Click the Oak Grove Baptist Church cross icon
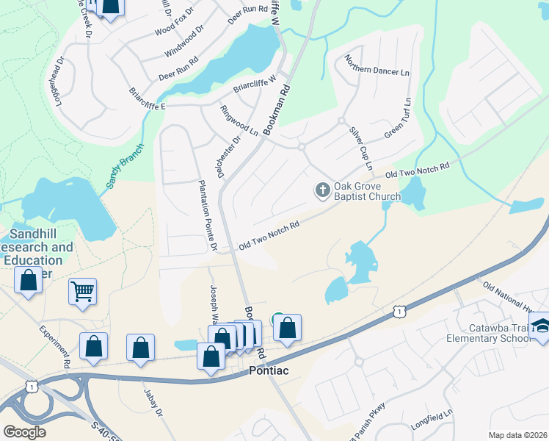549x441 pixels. tap(321, 190)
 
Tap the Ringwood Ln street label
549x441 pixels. tap(239, 121)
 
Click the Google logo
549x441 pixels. tap(24, 431)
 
